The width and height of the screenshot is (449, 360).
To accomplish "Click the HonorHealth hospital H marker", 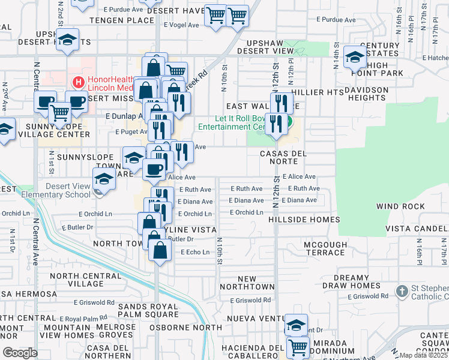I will tap(77, 82).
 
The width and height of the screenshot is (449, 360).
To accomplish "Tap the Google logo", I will tap(20, 353).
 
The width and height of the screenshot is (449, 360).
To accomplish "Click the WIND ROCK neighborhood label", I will tap(400, 206).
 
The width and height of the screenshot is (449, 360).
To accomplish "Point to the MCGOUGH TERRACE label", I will tap(325, 248).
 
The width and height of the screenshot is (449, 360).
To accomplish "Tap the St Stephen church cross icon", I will tap(402, 291).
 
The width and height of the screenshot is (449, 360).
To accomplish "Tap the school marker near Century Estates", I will tap(355, 58).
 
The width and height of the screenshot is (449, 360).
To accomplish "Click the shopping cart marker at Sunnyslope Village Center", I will tap(59, 112).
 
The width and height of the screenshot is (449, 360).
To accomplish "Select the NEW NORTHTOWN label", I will tap(247, 283).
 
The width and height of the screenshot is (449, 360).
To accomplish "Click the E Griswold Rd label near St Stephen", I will tap(367, 296).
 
